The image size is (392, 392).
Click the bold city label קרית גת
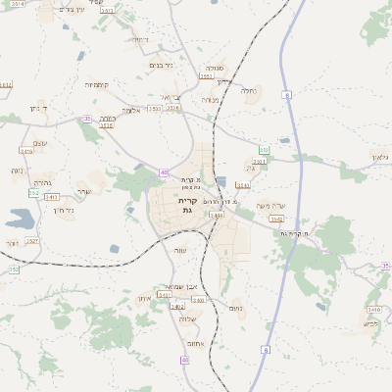coord(188,205)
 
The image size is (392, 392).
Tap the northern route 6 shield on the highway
coord(287,95)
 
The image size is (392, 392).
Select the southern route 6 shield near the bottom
coord(266,349)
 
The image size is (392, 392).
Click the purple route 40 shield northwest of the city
coord(163,172)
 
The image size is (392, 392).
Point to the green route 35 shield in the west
coord(87,119)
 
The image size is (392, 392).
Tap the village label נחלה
coord(249,91)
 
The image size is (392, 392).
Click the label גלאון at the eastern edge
coord(380,156)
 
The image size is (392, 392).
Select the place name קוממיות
coord(95,84)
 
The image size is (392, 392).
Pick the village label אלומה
coord(131,110)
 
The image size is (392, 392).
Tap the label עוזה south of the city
coord(179,250)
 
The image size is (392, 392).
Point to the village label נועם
coord(235,308)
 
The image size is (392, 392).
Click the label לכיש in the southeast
coord(370,323)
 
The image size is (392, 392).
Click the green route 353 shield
coord(264,150)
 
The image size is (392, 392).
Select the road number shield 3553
coord(155,109)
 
